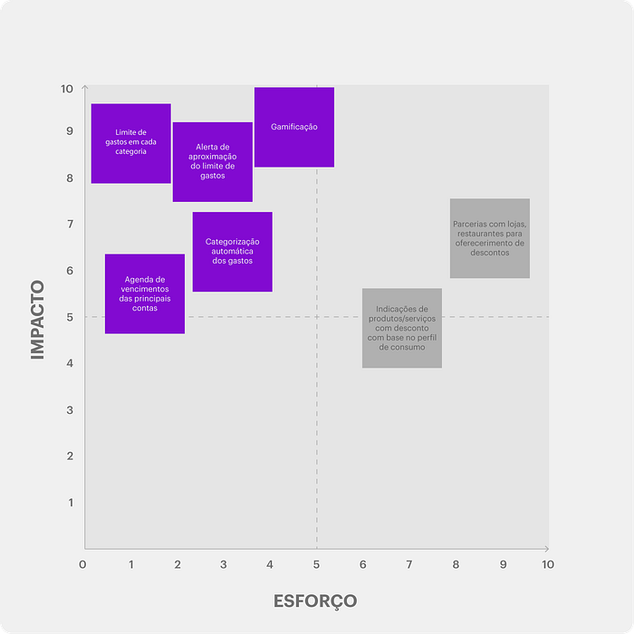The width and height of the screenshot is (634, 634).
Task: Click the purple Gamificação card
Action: [294, 127]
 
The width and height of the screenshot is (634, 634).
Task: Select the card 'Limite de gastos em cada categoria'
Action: [131, 143]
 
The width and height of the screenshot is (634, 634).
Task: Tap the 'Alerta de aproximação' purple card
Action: [213, 162]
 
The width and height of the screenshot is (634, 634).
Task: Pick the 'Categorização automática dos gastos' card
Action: [233, 252]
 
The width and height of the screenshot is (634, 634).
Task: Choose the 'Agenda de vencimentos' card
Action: [145, 294]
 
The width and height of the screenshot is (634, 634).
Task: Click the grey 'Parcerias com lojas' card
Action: [490, 238]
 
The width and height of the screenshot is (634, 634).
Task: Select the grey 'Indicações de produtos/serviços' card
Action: [402, 328]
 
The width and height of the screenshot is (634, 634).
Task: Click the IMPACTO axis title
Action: [38, 320]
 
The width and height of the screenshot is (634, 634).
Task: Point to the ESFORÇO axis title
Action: [315, 601]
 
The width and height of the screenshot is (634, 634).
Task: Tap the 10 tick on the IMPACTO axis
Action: [67, 89]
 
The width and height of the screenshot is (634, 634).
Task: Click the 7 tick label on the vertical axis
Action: [71, 224]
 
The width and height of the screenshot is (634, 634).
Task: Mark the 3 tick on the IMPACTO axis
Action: [70, 410]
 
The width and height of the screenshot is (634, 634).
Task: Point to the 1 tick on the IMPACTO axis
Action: [71, 503]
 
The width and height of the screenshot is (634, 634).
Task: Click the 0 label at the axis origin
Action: [82, 564]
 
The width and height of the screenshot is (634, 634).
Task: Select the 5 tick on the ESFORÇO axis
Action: [316, 564]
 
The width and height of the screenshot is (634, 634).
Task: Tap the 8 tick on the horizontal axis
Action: [456, 564]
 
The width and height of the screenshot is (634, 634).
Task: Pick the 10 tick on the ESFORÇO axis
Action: [548, 564]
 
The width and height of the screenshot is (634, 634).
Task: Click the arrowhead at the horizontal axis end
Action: [547, 549]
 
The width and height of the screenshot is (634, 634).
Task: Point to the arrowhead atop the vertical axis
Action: [85, 87]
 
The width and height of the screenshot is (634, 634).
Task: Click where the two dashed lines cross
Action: [317, 317]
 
